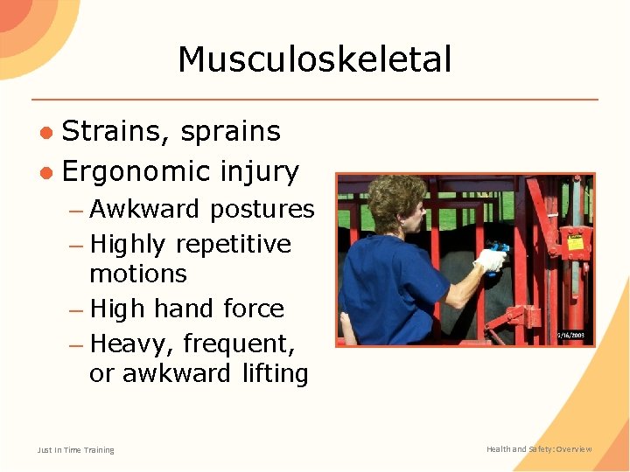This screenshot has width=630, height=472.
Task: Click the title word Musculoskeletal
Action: pyautogui.click(x=314, y=60)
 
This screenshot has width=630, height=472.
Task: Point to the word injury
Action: pyautogui.click(x=260, y=172)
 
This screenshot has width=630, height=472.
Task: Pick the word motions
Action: pyautogui.click(x=137, y=274)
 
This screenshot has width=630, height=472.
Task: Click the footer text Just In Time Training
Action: pyautogui.click(x=75, y=450)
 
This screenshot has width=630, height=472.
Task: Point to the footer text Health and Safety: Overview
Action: pyautogui.click(x=539, y=449)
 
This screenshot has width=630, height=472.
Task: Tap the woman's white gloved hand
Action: pyautogui.click(x=490, y=260)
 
